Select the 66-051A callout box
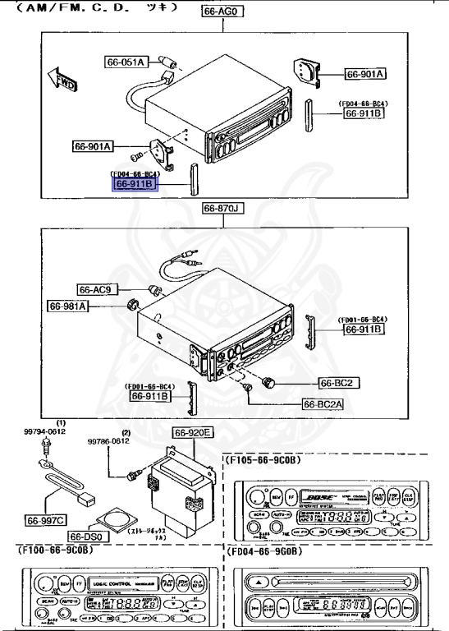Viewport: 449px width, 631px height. (126, 62)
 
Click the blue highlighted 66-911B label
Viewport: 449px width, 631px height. (134, 185)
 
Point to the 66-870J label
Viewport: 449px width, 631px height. (222, 210)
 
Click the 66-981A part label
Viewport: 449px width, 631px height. (68, 306)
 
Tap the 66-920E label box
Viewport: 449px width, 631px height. (192, 433)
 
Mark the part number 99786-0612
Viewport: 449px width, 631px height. (109, 441)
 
